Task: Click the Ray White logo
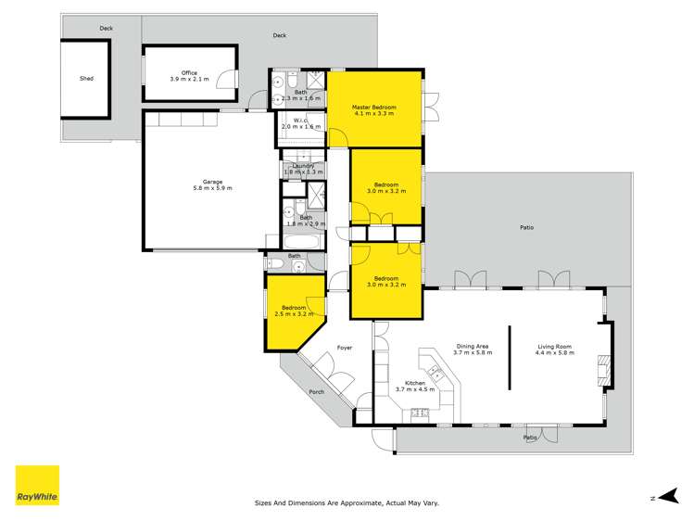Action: click(x=37, y=486)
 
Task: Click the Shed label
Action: click(x=86, y=79)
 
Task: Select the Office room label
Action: click(x=189, y=72)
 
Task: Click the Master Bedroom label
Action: click(x=374, y=108)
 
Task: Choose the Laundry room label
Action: click(x=302, y=166)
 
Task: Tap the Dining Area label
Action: click(x=471, y=347)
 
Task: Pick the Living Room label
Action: click(x=555, y=347)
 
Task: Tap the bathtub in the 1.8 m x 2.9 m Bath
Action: click(x=302, y=242)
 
